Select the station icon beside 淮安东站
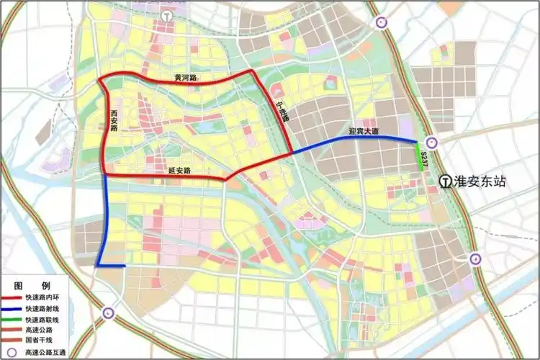[446, 181]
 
